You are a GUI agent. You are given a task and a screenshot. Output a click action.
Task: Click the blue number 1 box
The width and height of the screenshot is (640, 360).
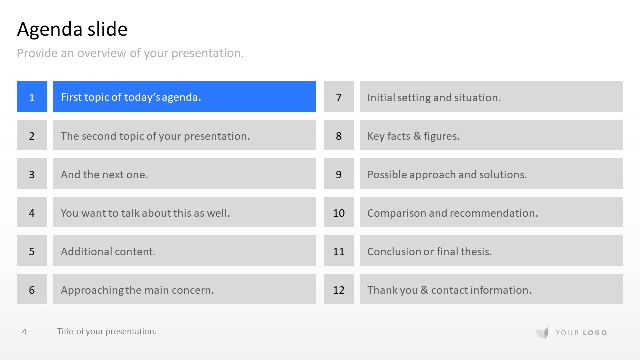point(32,97)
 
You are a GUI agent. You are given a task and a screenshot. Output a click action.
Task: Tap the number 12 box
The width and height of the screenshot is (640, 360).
point(339,289)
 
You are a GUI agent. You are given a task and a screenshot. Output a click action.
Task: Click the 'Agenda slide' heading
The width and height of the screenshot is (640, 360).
point(72,29)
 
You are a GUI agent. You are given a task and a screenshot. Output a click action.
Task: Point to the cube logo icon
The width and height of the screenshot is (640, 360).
point(542,332)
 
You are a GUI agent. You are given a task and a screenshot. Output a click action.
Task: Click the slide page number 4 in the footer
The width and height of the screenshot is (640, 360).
point(24,331)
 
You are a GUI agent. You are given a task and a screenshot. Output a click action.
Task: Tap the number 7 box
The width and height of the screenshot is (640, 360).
point(339,97)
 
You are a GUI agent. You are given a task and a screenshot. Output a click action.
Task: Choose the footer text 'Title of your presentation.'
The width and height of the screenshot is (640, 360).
point(107,331)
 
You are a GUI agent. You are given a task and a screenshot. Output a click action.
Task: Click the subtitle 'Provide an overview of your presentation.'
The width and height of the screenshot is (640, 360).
point(130,53)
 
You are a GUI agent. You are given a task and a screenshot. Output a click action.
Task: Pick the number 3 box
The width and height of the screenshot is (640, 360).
point(32,173)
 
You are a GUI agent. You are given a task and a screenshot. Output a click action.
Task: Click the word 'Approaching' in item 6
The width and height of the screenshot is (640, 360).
point(92,290)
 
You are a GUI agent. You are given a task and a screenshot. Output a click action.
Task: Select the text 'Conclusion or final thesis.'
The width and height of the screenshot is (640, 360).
point(429,251)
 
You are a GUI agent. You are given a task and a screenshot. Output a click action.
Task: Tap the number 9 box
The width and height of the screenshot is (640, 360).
point(339,173)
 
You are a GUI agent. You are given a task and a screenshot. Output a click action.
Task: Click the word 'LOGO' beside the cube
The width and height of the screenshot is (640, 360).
point(595,333)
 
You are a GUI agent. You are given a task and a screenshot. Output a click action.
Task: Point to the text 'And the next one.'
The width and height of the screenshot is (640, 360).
point(104,175)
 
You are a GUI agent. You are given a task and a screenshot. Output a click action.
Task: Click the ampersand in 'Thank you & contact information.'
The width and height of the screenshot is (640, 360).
point(424,290)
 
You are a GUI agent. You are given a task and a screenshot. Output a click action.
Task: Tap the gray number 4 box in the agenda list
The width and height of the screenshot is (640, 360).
point(32,212)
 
